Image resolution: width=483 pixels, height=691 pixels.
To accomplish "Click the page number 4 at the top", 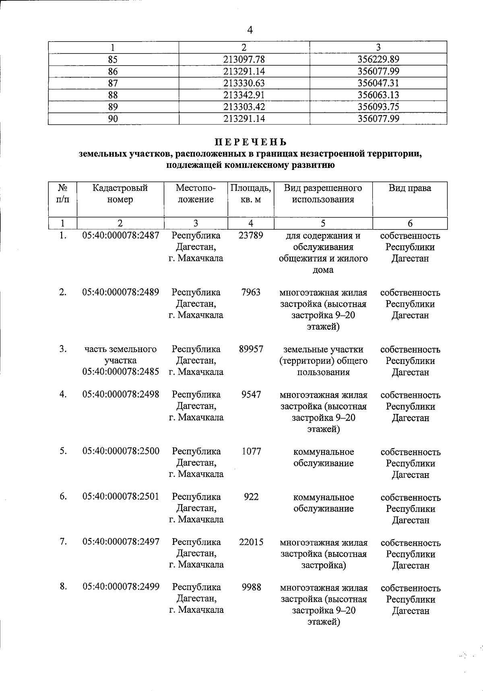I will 250,30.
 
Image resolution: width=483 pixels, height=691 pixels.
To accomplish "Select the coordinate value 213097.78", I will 244,60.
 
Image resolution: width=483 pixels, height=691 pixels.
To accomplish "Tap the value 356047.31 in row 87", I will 378,83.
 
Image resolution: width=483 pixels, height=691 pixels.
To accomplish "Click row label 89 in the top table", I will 113,107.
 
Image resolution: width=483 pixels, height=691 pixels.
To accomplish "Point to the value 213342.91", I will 244,95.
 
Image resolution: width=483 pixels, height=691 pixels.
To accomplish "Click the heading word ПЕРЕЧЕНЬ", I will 250,142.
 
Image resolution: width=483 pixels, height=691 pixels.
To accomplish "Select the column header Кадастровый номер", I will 120,194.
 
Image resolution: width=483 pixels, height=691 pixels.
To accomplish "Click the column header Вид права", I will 410,188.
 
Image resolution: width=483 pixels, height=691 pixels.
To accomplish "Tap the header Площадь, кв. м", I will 251,194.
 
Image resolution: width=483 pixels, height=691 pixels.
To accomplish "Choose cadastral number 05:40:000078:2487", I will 121,236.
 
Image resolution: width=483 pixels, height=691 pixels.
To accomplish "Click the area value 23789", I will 251,236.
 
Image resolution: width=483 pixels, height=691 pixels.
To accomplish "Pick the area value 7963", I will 251,292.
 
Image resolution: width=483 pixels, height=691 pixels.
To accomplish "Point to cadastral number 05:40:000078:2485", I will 121,372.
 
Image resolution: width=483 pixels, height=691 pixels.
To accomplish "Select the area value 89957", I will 251,349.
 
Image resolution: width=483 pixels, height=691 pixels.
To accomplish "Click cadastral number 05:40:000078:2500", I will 121,451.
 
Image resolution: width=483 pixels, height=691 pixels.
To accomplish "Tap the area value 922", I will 251,497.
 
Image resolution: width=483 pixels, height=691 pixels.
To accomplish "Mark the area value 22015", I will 251,542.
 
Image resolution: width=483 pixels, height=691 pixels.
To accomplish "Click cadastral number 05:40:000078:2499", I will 121,587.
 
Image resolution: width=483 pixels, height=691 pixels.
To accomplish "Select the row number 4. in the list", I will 63,394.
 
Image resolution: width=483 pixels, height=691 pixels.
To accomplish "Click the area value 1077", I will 252,451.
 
